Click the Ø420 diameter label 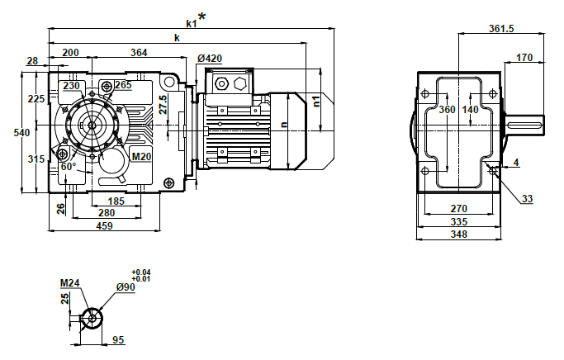(x=211, y=59)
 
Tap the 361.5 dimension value (x=501, y=28)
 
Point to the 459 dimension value (x=104, y=225)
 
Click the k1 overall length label (x=191, y=23)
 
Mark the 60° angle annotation (x=69, y=166)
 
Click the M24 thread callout (x=69, y=283)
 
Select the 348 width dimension (x=459, y=234)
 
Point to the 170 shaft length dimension (x=524, y=57)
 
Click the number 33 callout (x=528, y=199)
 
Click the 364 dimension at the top (x=139, y=53)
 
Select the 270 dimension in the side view (x=459, y=210)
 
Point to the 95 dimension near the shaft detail (x=118, y=339)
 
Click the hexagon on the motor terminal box (x=241, y=83)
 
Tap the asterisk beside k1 (x=201, y=17)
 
